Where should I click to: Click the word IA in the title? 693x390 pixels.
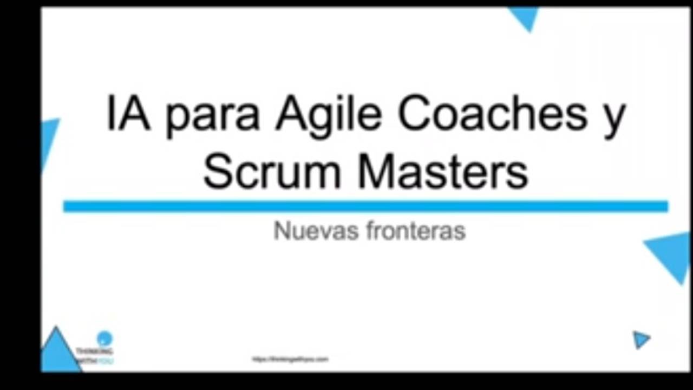pyautogui.click(x=128, y=115)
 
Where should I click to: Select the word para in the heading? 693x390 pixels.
pyautogui.click(x=212, y=119)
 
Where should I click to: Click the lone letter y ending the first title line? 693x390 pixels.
pyautogui.click(x=614, y=120)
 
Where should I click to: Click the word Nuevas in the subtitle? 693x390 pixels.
pyautogui.click(x=316, y=231)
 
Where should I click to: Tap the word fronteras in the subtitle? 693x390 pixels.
pyautogui.click(x=416, y=231)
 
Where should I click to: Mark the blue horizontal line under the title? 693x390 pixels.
pyautogui.click(x=365, y=206)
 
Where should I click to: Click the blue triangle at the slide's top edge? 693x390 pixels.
pyautogui.click(x=524, y=17)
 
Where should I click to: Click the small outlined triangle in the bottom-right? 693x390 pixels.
pyautogui.click(x=641, y=340)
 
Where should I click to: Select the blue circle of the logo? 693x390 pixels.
pyautogui.click(x=104, y=339)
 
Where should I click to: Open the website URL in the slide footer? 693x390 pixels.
pyautogui.click(x=290, y=359)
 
